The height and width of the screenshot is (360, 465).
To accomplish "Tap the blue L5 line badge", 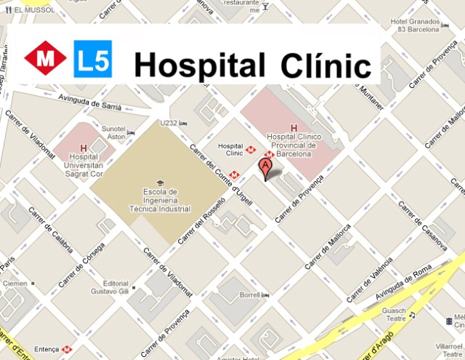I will (93, 60).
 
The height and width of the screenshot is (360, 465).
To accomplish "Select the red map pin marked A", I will (266, 169).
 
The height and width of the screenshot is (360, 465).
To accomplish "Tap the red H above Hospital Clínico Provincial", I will (294, 129).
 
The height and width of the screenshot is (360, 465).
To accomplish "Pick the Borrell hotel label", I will (250, 295).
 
